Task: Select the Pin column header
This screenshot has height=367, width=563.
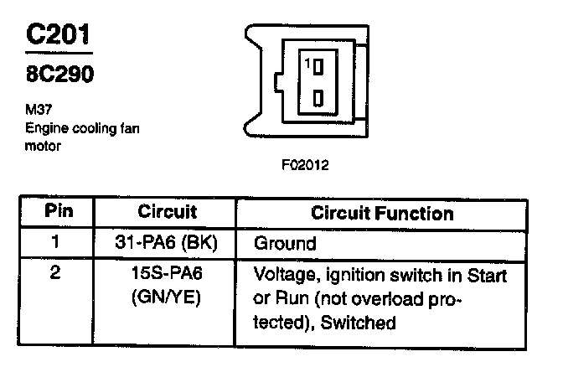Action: point(59,213)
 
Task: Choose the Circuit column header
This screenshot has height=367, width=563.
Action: point(166,213)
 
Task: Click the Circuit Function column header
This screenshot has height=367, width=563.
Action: point(381,213)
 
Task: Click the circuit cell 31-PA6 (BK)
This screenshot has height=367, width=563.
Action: point(166,244)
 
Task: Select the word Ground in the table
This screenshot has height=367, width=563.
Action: point(285,244)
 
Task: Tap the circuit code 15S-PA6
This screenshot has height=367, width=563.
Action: point(166,274)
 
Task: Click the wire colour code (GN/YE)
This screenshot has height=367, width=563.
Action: point(166,297)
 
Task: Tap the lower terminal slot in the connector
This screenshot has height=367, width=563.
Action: point(318,99)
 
